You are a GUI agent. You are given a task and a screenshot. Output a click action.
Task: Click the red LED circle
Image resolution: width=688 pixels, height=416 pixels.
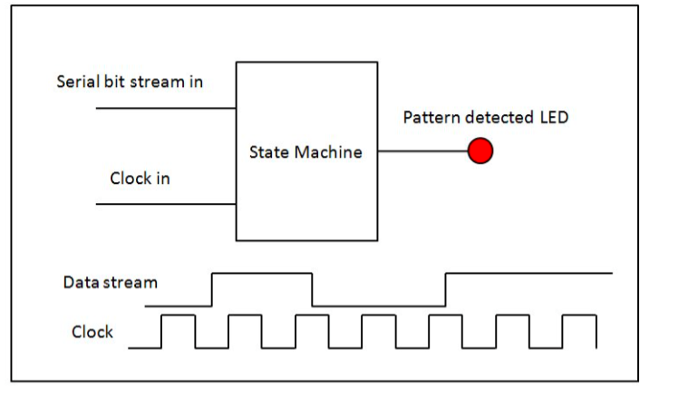tap(480, 151)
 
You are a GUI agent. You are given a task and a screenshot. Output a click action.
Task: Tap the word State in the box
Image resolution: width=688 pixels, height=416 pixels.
tap(269, 152)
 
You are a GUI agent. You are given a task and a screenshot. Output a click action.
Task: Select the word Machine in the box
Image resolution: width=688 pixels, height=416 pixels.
tap(328, 152)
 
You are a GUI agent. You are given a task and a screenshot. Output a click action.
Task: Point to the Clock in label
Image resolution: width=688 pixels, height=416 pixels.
tap(140, 179)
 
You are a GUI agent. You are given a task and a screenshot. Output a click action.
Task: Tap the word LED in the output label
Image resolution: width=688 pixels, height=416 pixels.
tap(554, 117)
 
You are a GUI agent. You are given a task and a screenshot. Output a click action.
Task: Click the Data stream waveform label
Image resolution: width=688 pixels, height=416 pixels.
tap(110, 282)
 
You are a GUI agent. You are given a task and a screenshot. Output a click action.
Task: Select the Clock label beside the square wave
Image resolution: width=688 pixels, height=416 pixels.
tap(92, 332)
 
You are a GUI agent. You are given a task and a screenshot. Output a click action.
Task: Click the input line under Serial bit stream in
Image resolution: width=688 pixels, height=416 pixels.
tap(166, 108)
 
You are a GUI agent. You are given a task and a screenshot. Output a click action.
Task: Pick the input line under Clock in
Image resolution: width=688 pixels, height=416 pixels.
tap(166, 204)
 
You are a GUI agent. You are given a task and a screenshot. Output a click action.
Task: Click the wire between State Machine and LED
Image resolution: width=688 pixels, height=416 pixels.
tap(422, 151)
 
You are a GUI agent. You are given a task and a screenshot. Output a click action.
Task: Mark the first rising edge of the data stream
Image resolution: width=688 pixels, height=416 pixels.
tap(212, 290)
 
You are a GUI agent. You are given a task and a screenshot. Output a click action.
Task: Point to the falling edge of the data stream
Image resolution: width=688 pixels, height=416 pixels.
tap(312, 290)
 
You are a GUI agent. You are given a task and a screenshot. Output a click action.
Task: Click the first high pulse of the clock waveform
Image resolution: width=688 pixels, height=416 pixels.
tap(179, 314)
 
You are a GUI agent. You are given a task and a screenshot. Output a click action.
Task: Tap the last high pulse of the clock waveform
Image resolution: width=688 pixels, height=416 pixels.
tap(579, 314)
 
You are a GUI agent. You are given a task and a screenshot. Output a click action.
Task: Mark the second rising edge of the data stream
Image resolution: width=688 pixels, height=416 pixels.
tap(445, 290)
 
